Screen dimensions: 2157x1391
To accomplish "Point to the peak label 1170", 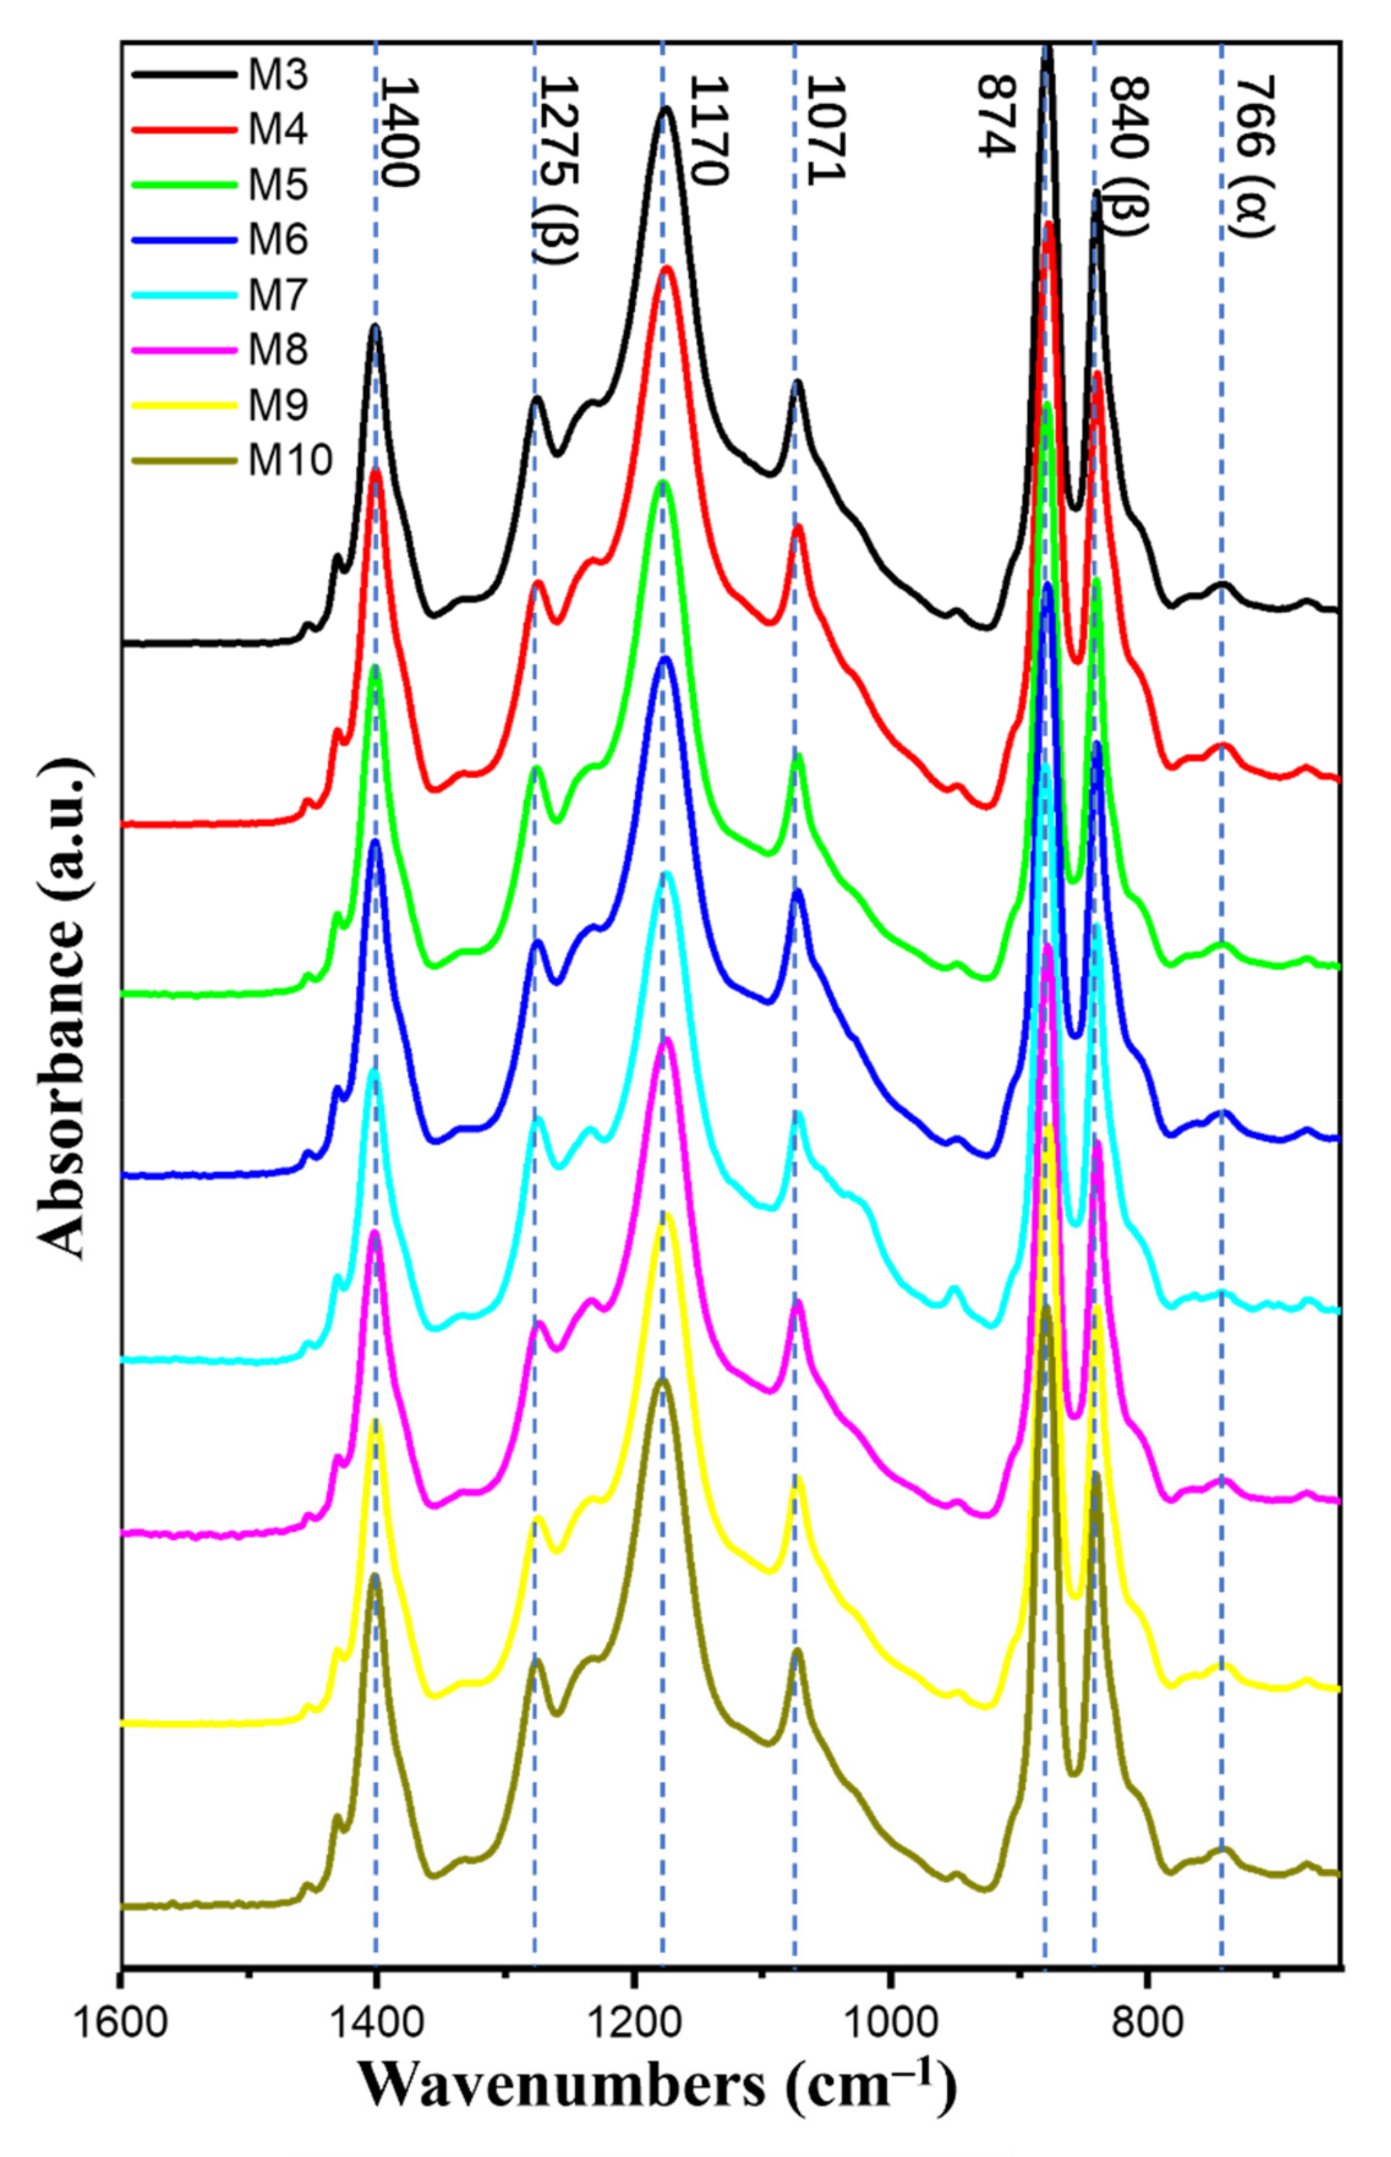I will [x=708, y=131].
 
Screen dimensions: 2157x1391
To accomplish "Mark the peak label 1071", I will [x=824, y=131].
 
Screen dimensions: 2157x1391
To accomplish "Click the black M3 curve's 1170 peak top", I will [x=666, y=109].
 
